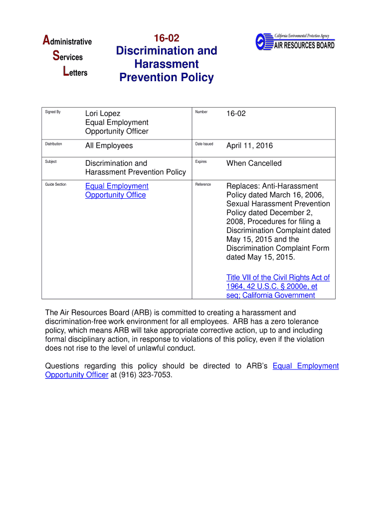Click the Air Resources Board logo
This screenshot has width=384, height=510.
295,41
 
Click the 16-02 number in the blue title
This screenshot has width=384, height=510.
167,38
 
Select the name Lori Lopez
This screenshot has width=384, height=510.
103,114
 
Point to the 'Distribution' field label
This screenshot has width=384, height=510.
54,144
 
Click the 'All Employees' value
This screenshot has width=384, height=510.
109,145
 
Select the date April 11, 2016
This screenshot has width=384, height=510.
249,145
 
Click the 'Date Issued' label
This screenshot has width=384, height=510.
204,144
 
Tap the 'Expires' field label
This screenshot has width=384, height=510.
201,162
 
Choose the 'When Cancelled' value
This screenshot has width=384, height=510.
254,163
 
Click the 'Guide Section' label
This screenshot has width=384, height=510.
56,184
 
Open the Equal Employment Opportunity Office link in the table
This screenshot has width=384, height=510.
117,190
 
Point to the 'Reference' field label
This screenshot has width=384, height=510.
203,184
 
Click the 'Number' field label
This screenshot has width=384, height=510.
201,112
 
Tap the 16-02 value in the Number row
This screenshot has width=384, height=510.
236,114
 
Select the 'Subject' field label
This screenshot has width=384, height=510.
51,162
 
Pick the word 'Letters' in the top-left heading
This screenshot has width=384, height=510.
75,73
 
